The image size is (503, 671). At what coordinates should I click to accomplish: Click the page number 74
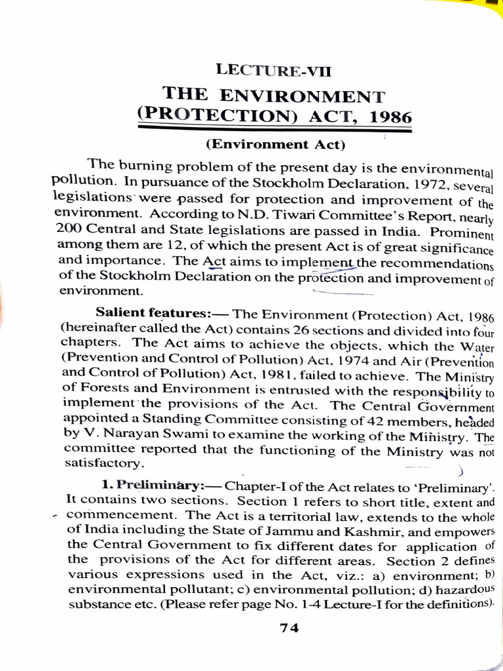coord(289,627)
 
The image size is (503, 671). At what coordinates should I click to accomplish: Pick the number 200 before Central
coord(68,229)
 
